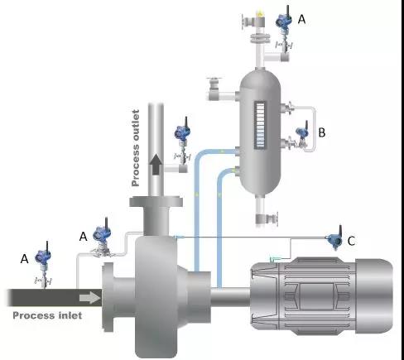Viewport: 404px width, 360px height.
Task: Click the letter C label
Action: coord(351,241)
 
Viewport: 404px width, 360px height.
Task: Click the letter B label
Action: coord(322,132)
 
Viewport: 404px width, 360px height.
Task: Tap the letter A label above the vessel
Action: coord(302,20)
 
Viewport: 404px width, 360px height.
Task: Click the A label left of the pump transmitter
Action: coord(83,237)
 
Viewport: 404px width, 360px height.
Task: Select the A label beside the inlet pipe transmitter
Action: coord(25,259)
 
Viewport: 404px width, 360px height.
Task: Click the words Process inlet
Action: coord(47,315)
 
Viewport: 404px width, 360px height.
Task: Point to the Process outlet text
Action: coord(135,148)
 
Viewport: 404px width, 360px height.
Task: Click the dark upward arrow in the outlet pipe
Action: coord(156,165)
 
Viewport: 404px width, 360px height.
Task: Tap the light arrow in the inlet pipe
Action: coord(89,298)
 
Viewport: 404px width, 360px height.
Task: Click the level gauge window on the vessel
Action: coord(260,126)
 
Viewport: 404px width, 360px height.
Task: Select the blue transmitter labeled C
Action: coord(335,239)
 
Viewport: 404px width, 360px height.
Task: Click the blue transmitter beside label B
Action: coord(302,134)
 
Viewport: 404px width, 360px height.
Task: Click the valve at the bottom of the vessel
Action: coord(267,218)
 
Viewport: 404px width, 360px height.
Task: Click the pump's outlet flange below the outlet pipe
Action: coord(156,201)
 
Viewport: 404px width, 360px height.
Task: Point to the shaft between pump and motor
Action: coord(230,297)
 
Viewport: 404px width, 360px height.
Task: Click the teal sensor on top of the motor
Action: coord(275,259)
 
